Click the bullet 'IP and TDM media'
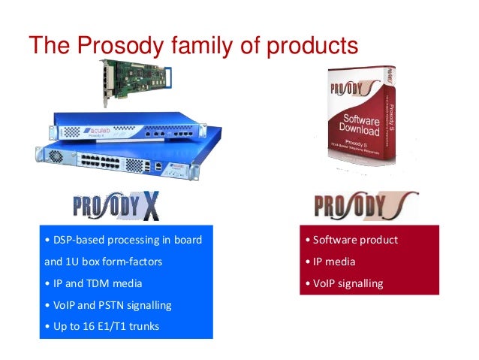93,284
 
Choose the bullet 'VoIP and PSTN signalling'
108,305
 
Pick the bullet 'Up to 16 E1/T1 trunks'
103,326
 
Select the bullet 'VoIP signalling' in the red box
344,283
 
